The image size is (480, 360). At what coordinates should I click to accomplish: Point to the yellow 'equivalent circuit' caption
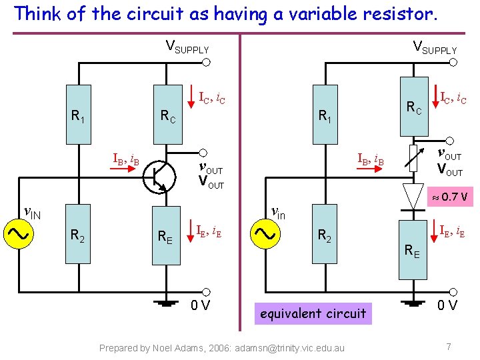[x=313, y=313]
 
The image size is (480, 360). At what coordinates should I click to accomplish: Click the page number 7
[x=449, y=347]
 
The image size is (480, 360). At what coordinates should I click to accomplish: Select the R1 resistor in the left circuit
[x=79, y=115]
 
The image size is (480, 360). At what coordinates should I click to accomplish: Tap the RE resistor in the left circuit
[x=166, y=235]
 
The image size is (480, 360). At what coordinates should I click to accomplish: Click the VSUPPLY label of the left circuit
[x=187, y=48]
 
